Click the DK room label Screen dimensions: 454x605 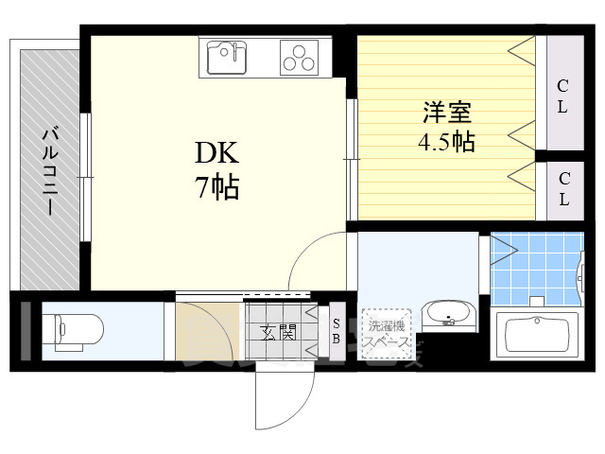pyautogui.click(x=217, y=154)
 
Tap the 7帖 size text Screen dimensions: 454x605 pyautogui.click(x=217, y=186)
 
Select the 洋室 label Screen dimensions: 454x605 pyautogui.click(x=446, y=113)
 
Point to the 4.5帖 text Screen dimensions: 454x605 pyautogui.click(x=446, y=143)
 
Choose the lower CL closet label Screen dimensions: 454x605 pyautogui.click(x=563, y=188)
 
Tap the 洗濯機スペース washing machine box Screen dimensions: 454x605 pyautogui.click(x=386, y=333)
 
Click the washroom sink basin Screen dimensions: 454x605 pyautogui.click(x=448, y=313)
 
